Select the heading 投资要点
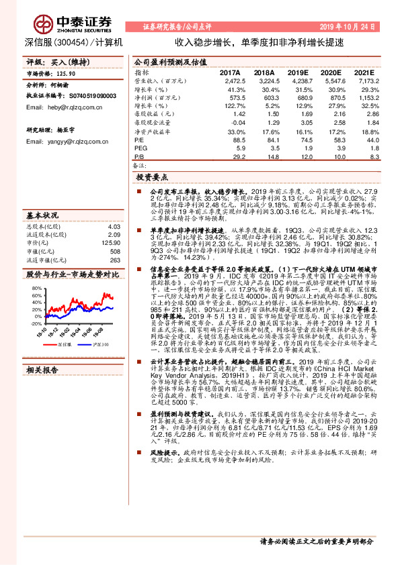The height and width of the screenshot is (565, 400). coord(151,178)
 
